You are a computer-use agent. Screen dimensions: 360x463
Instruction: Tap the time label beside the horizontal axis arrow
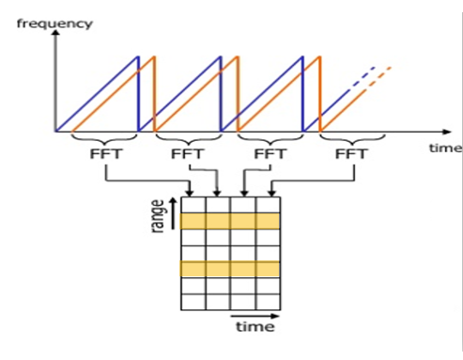coord(445,148)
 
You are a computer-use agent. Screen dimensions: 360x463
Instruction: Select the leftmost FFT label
coord(104,154)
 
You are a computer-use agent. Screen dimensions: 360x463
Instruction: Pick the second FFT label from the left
coord(188,154)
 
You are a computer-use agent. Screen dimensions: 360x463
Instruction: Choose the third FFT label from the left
coord(270,154)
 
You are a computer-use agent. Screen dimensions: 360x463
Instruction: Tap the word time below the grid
coord(255,328)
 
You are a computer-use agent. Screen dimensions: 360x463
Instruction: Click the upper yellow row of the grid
coord(230,221)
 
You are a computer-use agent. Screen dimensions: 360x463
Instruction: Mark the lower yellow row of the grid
coord(230,269)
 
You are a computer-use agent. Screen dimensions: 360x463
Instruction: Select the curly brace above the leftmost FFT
coord(103,138)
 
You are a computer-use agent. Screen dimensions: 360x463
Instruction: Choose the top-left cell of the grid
coord(192,205)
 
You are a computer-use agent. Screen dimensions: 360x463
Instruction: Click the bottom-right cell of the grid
coord(268,303)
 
